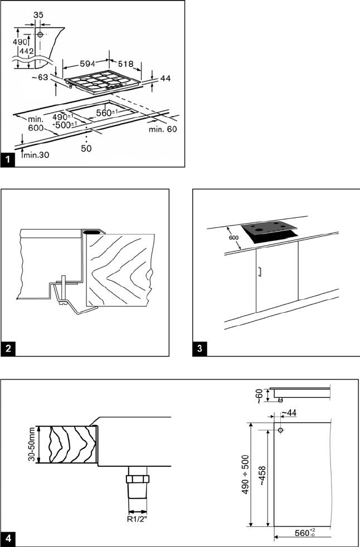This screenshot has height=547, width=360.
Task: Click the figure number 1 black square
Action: (7, 160)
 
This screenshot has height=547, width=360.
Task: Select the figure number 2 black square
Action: (7, 349)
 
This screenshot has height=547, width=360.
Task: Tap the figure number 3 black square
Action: (200, 349)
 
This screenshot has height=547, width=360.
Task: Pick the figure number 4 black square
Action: (7, 539)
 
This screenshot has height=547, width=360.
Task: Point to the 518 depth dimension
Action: (125, 64)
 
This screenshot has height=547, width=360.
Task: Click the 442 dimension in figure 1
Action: (27, 51)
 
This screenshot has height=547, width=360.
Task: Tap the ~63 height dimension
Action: (40, 77)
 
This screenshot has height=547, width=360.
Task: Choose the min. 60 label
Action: (163, 129)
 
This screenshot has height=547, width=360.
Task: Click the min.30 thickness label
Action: (36, 155)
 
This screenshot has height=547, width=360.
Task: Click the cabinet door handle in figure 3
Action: (259, 272)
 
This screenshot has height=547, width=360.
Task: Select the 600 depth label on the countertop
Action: (235, 237)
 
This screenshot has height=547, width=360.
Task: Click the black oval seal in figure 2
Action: (91, 231)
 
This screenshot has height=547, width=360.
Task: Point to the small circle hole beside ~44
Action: (280, 430)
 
